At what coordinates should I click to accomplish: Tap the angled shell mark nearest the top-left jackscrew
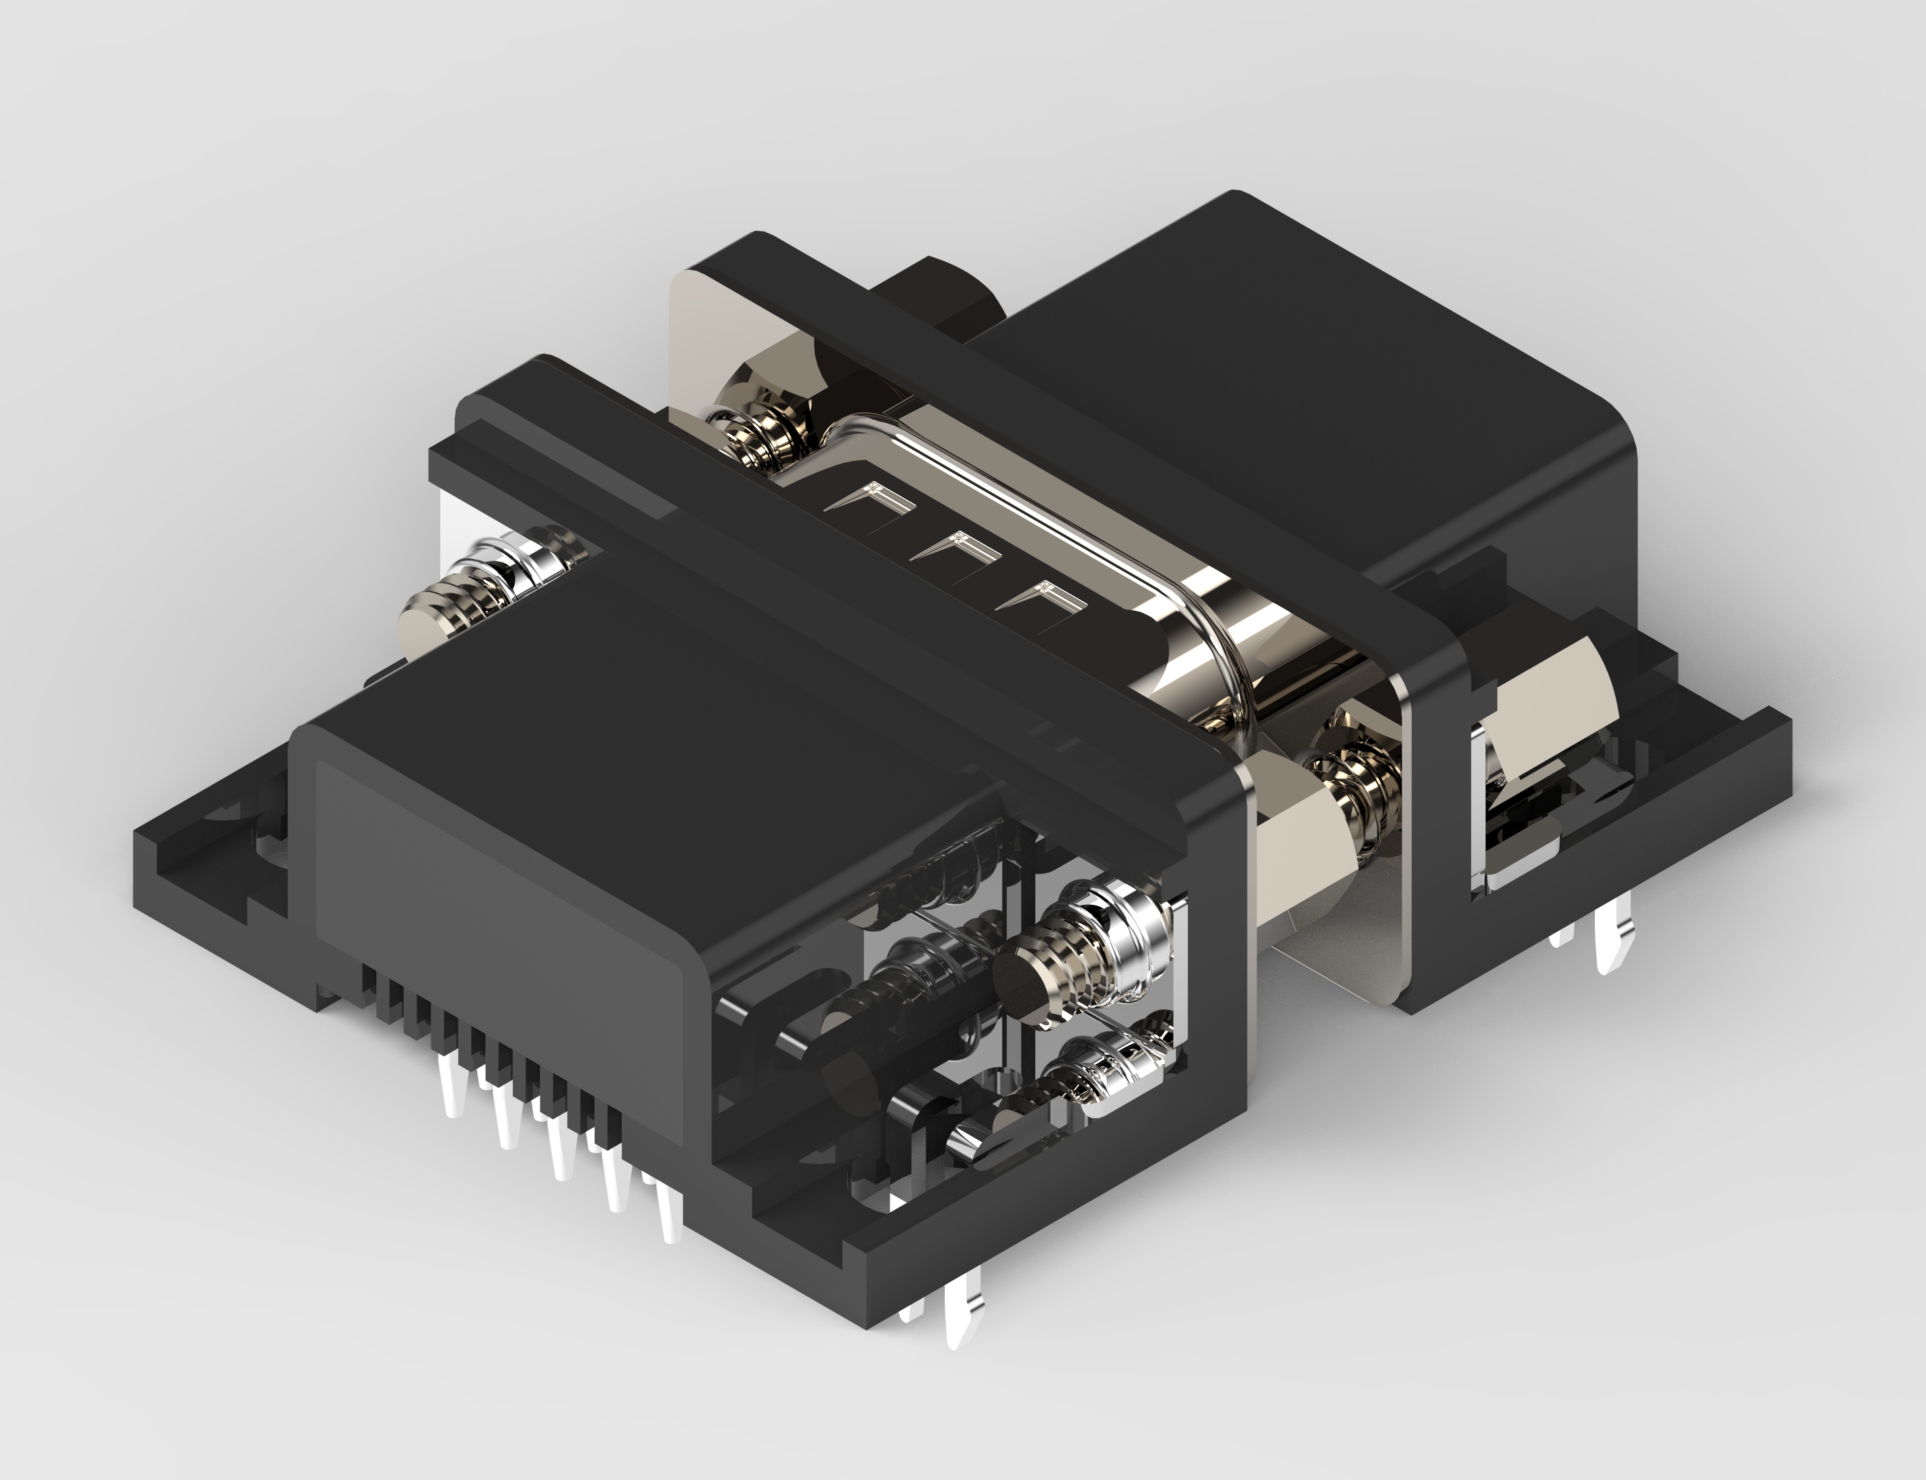pos(869,501)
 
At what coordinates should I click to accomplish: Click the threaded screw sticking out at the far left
pos(467,599)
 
